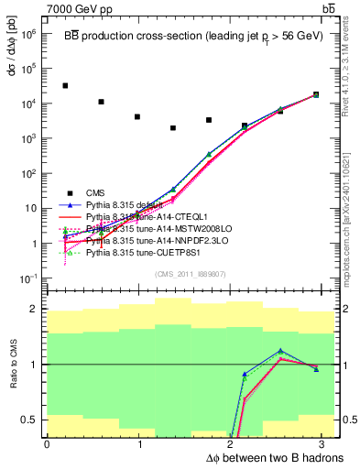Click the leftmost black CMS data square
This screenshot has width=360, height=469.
pyautogui.click(x=65, y=85)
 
